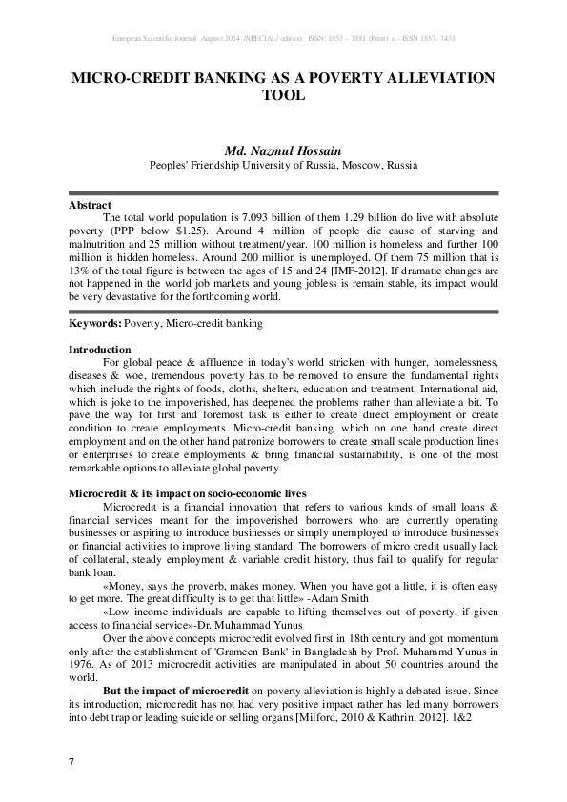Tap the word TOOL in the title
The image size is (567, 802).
[283, 95]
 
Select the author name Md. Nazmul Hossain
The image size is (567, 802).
[283, 150]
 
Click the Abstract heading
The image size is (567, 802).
[90, 205]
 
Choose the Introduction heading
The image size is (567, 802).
[100, 350]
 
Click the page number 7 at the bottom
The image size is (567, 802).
[71, 762]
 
